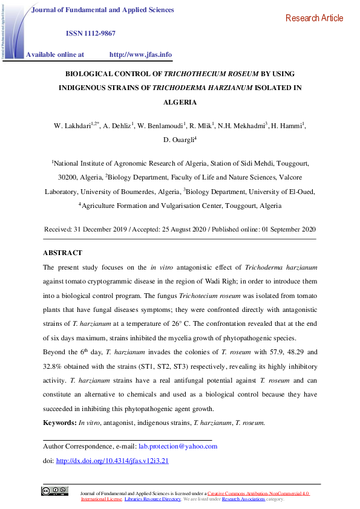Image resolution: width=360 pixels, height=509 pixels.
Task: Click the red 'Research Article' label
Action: (313, 18)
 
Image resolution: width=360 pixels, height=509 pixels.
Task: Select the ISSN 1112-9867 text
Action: (90, 33)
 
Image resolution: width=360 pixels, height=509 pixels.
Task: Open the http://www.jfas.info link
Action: (140, 54)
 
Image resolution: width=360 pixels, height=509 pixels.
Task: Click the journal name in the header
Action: (102, 10)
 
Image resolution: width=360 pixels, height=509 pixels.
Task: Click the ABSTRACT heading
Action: (62, 253)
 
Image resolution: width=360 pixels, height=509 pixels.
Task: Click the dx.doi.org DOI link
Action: (112, 460)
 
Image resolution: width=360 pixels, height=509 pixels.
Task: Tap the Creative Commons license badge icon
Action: (54, 491)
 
